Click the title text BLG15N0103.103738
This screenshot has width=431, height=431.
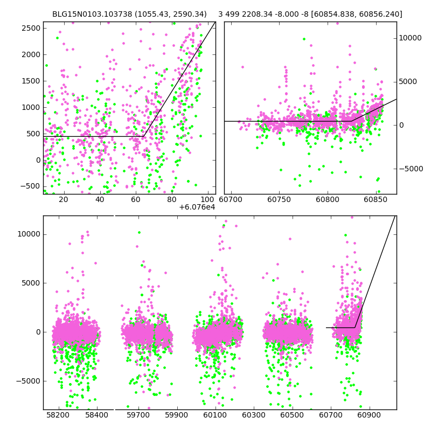click(86, 15)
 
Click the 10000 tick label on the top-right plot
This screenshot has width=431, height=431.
click(410, 38)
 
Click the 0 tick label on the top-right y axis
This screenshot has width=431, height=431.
click(401, 126)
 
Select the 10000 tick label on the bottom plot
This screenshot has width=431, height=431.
click(29, 234)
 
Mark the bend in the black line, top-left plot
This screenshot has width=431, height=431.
click(143, 136)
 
